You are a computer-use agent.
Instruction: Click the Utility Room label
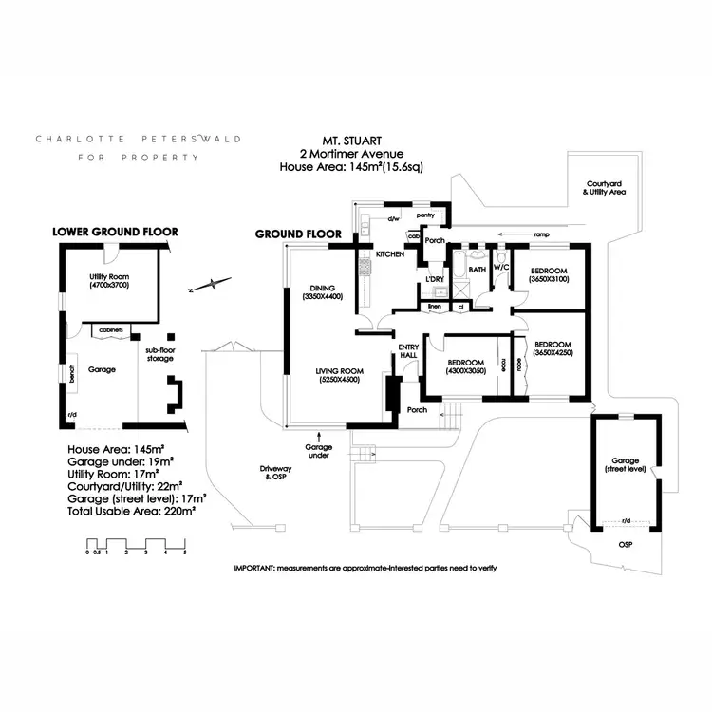(x=108, y=279)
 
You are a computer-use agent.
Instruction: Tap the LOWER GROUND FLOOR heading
(x=115, y=232)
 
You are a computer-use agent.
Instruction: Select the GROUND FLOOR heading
(x=299, y=234)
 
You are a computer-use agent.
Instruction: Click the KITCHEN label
(x=390, y=254)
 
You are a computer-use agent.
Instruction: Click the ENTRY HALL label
(x=408, y=350)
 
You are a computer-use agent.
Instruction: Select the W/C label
(x=501, y=270)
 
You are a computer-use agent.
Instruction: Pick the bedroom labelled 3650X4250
(x=553, y=348)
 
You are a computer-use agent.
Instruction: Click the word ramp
(x=541, y=234)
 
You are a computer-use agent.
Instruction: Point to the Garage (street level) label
(x=626, y=464)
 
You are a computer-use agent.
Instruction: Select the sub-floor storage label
(x=159, y=355)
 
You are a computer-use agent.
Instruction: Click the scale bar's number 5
(x=185, y=552)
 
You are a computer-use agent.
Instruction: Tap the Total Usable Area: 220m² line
(x=131, y=510)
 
